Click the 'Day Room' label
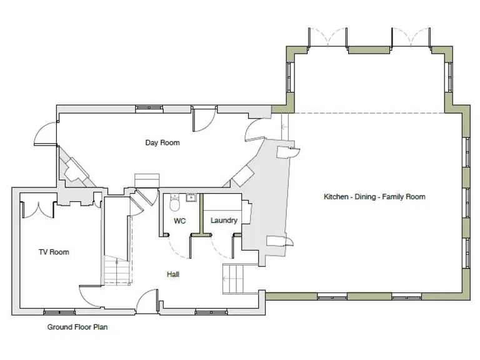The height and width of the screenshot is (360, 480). (162, 142)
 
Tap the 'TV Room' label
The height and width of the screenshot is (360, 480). (54, 252)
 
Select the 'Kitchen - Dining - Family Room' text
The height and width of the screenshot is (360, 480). (374, 197)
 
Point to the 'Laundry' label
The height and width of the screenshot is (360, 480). (223, 221)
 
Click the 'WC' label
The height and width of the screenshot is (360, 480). (179, 221)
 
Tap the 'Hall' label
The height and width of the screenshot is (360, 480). (173, 274)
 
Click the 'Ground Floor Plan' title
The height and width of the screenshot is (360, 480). (78, 327)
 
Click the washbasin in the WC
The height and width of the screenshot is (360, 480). (191, 199)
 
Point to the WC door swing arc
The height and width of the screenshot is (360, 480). (179, 247)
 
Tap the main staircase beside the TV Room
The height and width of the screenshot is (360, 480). (117, 272)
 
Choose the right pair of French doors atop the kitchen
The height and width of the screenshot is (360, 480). (410, 37)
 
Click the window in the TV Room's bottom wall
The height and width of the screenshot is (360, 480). (59, 311)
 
